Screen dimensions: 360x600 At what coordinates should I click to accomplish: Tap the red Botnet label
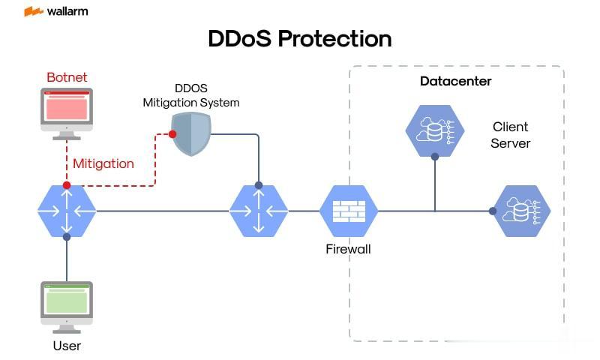67,77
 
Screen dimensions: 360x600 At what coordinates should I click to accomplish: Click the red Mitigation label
103,163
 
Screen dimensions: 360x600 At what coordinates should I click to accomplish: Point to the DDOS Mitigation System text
191,95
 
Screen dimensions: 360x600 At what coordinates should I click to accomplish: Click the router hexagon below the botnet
67,211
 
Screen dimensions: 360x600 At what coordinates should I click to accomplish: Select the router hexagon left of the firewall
258,211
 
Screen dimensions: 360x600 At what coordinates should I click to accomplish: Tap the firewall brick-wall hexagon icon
348,211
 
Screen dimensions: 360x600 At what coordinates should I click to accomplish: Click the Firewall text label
348,249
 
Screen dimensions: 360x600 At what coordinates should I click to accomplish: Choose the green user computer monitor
67,301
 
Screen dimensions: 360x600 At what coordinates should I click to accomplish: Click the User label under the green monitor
67,346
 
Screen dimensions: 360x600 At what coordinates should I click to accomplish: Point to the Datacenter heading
455,81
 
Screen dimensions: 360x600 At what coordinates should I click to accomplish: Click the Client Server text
511,135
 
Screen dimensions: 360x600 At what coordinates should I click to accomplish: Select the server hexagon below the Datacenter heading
435,130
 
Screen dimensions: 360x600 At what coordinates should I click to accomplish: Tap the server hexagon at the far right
520,211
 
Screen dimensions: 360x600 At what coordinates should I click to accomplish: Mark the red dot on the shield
172,134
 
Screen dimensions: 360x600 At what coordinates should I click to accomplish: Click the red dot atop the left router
67,184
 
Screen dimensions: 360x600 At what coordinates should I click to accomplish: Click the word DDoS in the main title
240,38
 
